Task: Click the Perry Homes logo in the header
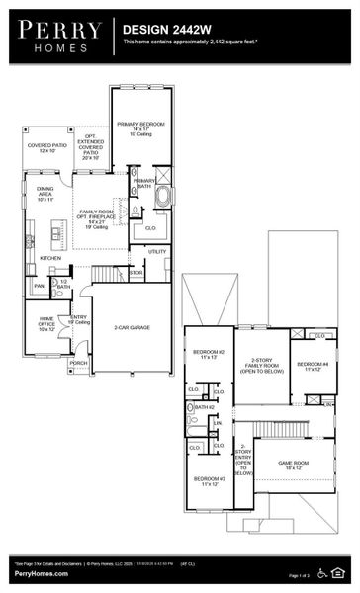pos(57,36)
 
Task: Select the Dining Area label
pos(46,192)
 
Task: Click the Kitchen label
pos(50,258)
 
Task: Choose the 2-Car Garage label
pos(131,326)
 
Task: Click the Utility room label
pos(157,251)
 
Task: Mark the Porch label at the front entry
pos(78,363)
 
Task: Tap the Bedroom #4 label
pos(315,367)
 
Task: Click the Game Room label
pos(293,465)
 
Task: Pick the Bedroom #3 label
pos(209,481)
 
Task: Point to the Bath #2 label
pos(205,407)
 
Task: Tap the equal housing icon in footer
pos(342,571)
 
